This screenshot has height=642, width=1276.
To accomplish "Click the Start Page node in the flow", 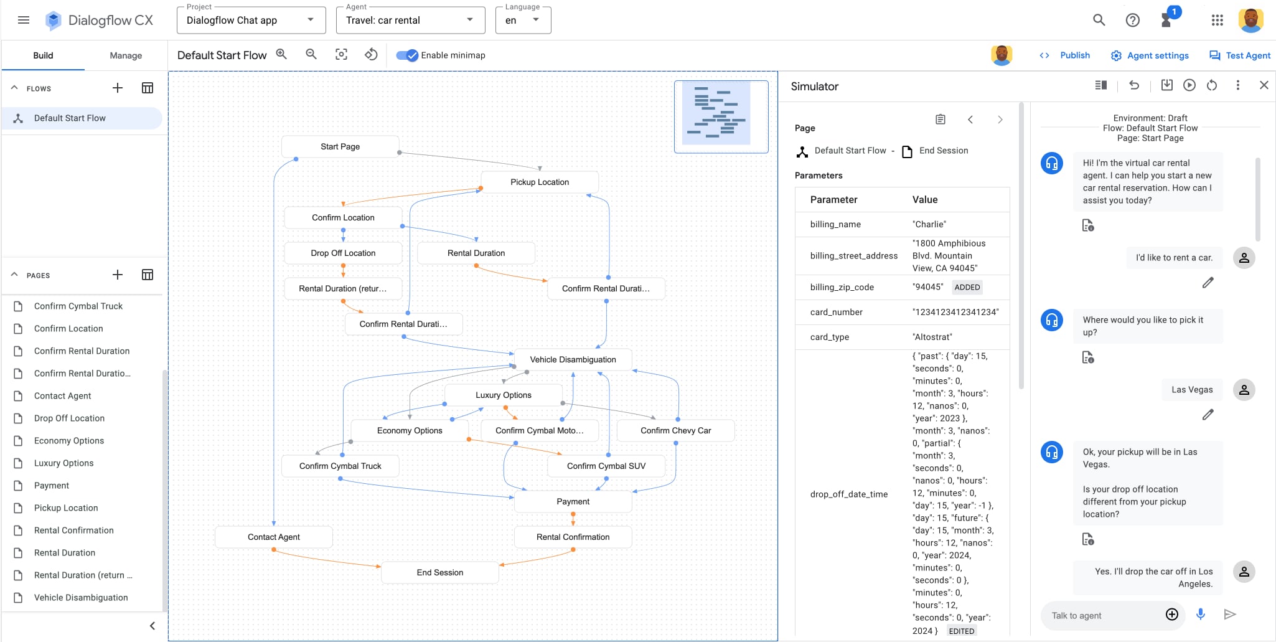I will [x=340, y=146].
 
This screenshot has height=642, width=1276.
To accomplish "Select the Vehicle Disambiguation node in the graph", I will [x=573, y=359].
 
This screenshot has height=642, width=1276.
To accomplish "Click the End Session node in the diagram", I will [x=439, y=572].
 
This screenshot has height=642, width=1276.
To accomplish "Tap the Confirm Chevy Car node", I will [x=675, y=430].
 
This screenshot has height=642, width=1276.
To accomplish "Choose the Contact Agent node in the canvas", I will [x=273, y=537].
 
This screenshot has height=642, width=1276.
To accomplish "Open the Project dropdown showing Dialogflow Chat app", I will [x=250, y=20].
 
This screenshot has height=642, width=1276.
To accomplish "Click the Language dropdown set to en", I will [x=523, y=20].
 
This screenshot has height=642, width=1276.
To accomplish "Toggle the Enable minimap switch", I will [x=408, y=55].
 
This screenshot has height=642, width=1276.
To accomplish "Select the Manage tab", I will [x=126, y=55].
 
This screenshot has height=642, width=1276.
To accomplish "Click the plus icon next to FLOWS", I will [x=118, y=88].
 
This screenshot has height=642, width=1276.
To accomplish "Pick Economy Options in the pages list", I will [x=69, y=440].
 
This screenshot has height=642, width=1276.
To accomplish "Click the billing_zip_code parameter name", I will [x=842, y=287].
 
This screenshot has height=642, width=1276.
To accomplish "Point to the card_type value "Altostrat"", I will [x=932, y=337].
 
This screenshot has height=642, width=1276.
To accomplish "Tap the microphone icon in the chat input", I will [x=1201, y=615].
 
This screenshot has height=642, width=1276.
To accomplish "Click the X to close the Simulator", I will [x=1264, y=85].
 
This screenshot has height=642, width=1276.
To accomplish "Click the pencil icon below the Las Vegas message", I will [x=1208, y=415].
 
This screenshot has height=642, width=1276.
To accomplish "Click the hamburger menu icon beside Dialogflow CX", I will [x=24, y=20].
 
